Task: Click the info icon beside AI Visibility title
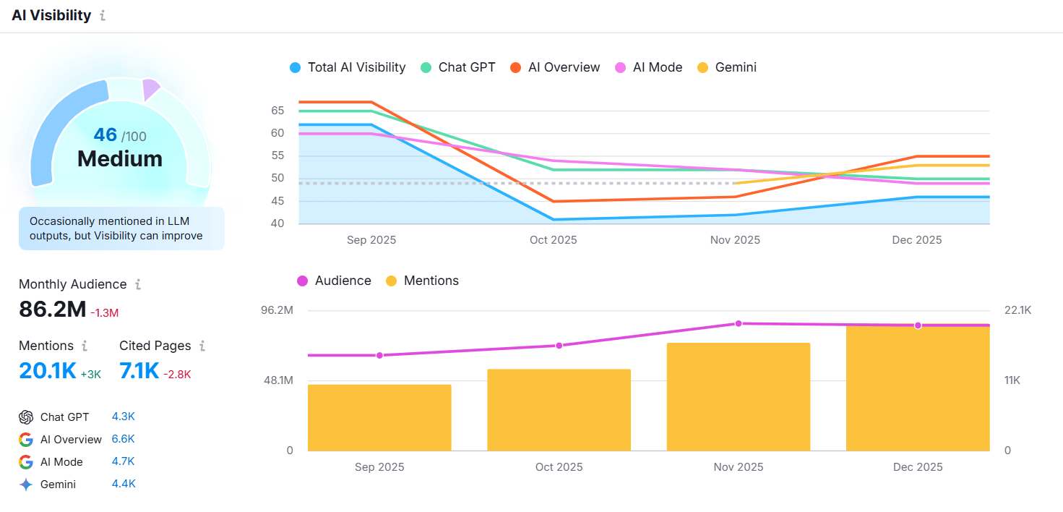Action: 103,15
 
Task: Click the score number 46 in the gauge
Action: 106,135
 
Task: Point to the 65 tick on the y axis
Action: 278,111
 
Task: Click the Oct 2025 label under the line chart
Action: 554,240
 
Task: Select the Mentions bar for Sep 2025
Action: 379,417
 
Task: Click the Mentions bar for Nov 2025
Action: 738,396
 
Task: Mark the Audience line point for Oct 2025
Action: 559,346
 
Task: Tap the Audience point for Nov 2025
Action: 739,323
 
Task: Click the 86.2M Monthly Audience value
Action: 53,310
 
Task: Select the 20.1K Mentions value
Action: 48,371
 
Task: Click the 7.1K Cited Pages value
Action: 139,371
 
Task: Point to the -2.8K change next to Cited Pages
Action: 177,374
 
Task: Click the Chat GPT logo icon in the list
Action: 26,417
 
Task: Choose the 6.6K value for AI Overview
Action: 123,439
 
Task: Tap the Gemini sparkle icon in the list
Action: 26,485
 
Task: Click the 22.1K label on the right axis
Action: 1017,310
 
